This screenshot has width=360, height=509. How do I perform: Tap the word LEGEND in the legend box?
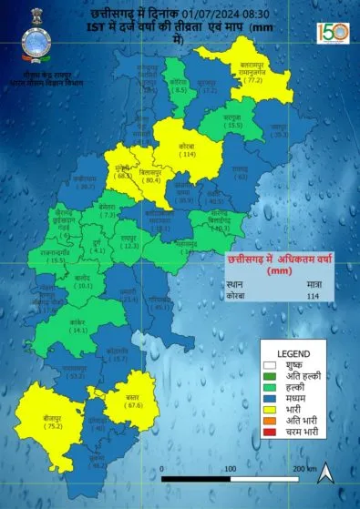click(x=293, y=353)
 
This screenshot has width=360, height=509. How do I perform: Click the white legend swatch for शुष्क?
click(x=269, y=365)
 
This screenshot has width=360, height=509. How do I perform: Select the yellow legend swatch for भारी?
click(x=269, y=409)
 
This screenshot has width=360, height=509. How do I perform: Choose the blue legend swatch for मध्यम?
click(x=269, y=398)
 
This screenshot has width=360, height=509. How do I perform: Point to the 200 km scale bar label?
click(x=303, y=468)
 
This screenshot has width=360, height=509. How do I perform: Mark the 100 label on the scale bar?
click(x=230, y=468)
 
